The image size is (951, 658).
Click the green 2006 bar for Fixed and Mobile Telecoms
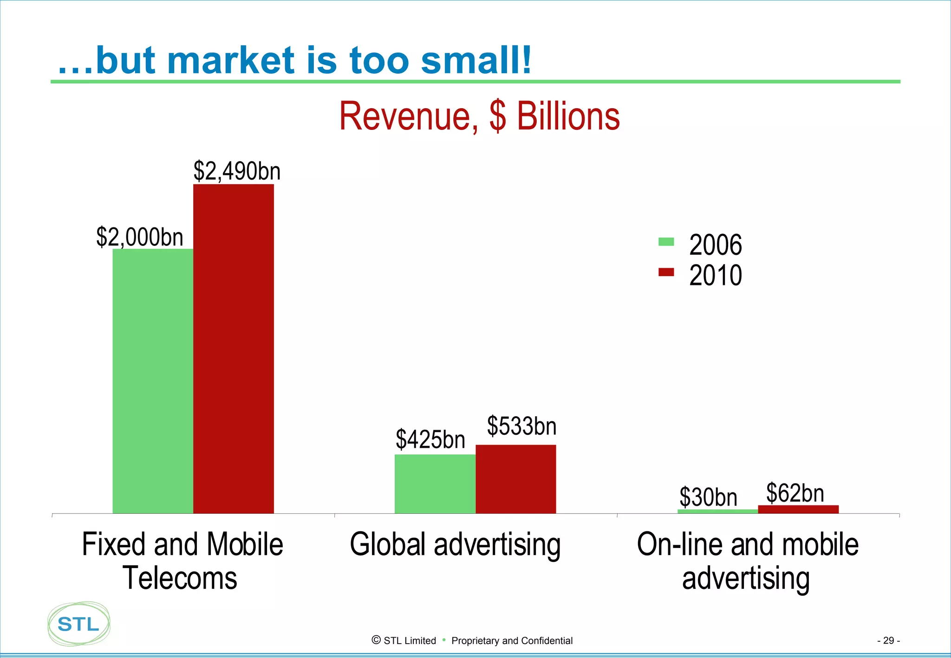click(153, 381)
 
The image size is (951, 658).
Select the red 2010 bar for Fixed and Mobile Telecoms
click(234, 348)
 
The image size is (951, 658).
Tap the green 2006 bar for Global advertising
click(435, 484)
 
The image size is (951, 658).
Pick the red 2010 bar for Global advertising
click(516, 479)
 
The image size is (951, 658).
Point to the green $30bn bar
click(717, 511)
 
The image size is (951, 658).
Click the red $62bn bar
click(798, 509)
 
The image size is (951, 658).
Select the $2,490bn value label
click(237, 171)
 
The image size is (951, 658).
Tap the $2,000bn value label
click(140, 237)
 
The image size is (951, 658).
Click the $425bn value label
click(430, 439)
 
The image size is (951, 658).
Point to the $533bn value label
click(521, 426)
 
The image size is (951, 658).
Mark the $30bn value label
click(708, 497)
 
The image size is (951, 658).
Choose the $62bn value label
click(795, 492)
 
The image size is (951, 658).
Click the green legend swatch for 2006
click(666, 242)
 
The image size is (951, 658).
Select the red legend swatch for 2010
click(666, 272)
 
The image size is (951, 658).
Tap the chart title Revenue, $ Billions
click(479, 116)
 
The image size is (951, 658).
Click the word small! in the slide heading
click(476, 60)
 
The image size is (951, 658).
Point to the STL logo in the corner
click(79, 624)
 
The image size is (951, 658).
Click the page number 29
click(888, 640)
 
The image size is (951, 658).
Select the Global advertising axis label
click(455, 544)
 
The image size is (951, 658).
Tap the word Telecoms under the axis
click(180, 578)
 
